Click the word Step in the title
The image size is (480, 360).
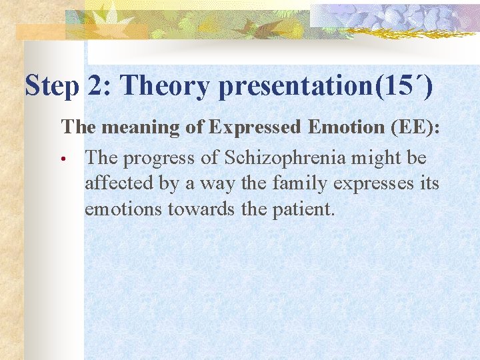pyautogui.click(x=51, y=86)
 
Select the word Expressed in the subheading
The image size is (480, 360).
pyautogui.click(x=253, y=128)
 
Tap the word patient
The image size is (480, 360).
pyautogui.click(x=303, y=209)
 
